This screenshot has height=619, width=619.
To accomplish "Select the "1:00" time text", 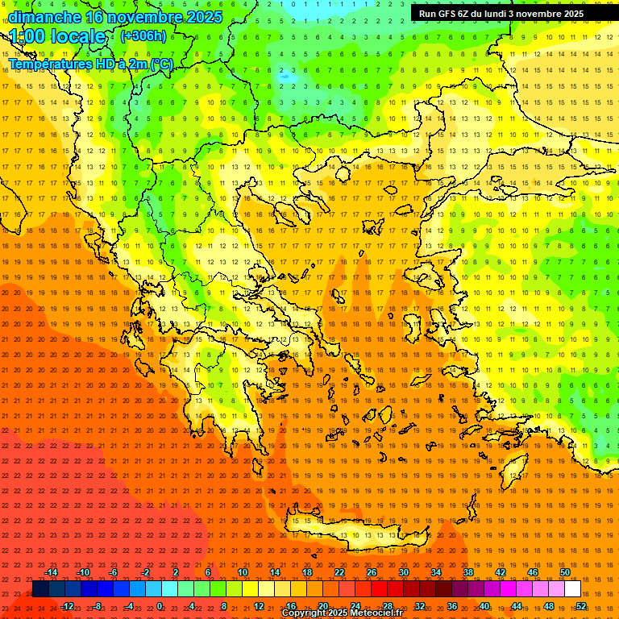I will click(29, 37).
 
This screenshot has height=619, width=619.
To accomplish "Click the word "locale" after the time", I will click(80, 37).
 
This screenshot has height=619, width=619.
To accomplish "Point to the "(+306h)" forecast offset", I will click(143, 36).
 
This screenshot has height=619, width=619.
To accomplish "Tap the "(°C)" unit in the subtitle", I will click(160, 64).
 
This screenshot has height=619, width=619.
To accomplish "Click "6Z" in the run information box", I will click(464, 14).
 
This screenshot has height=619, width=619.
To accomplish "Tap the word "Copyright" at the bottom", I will click(306, 613).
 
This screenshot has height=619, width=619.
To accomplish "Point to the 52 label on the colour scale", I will click(581, 606).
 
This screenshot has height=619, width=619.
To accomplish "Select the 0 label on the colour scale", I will click(160, 606).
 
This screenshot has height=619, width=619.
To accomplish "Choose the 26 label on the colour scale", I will click(372, 572).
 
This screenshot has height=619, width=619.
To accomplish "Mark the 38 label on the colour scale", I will click(467, 572).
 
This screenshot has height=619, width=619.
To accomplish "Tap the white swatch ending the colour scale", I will click(572, 589).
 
